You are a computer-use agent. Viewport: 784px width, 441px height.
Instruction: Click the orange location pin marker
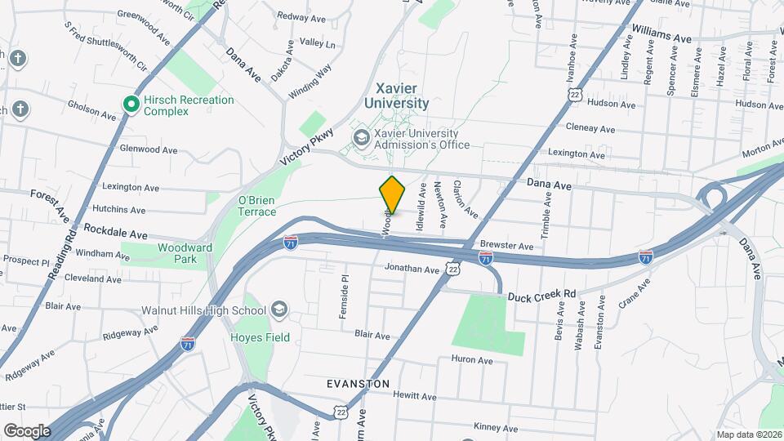tap(393, 194)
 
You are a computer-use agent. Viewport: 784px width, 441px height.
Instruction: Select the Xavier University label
tap(402, 96)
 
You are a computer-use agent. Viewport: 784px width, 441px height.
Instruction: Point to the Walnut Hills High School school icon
tap(279, 310)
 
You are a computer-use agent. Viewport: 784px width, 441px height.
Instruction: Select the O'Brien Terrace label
tap(257, 206)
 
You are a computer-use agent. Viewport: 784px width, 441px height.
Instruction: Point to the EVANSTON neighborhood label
tap(358, 383)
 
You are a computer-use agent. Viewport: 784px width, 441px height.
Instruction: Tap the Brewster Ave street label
tap(506, 246)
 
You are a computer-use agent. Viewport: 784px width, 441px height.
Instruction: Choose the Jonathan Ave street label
tap(412, 269)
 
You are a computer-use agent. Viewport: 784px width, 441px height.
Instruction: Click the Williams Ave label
tap(661, 38)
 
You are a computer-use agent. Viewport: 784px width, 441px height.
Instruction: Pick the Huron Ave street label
tap(472, 360)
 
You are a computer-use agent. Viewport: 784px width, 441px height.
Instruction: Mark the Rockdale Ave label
tap(115, 231)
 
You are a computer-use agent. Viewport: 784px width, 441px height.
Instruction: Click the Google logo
tap(27, 430)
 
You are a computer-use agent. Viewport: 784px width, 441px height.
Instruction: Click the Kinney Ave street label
tap(496, 428)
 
